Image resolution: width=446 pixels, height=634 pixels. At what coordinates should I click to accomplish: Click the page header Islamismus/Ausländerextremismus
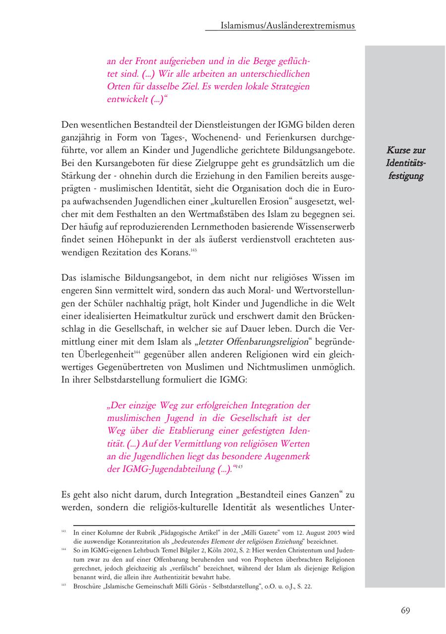pos(288,26)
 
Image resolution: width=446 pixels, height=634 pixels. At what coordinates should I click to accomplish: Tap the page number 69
pos(405,610)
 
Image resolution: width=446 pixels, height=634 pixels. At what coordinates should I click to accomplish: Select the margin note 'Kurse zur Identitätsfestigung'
pos(406,163)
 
